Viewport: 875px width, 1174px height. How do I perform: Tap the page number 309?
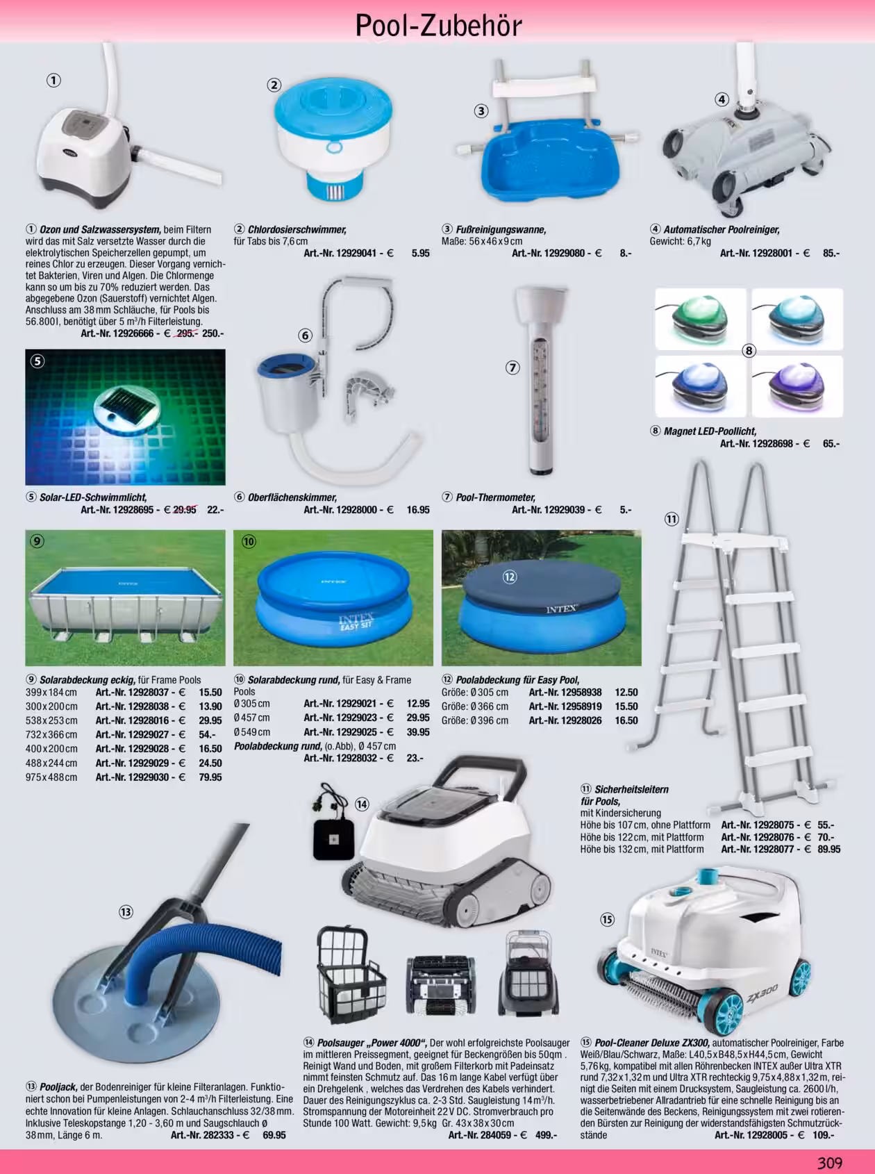pos(829,1163)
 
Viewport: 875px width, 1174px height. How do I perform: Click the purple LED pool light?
pos(797,386)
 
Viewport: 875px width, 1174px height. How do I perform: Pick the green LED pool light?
pos(700,318)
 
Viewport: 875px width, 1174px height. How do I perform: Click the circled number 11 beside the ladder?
pos(672,519)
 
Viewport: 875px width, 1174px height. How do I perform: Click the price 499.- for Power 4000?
pos(545,1135)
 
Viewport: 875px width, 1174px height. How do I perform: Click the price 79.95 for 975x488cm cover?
pos(210,777)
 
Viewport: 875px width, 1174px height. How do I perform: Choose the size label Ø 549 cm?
pos(251,732)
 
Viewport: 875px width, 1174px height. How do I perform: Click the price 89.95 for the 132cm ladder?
pos(829,849)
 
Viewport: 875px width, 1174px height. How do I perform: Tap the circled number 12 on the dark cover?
pos(510,577)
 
